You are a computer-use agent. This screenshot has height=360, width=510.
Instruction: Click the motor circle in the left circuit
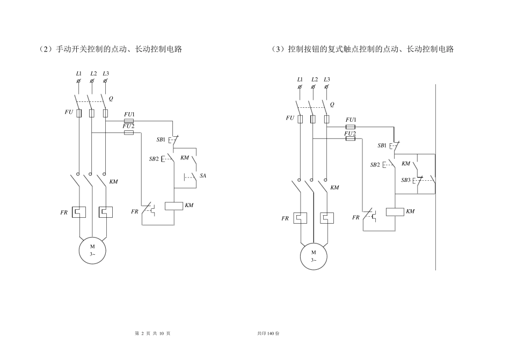[x=92, y=251]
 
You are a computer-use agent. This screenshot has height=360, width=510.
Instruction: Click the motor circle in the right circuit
[x=314, y=256]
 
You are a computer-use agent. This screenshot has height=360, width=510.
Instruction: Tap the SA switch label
[x=203, y=176]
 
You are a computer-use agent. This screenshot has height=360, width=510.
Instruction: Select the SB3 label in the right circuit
[x=406, y=180]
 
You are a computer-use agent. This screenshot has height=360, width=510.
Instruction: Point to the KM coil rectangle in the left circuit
[x=174, y=205]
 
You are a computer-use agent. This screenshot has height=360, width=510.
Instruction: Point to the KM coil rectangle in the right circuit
[x=395, y=212]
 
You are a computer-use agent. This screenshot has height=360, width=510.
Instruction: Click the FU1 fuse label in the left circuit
[x=129, y=114]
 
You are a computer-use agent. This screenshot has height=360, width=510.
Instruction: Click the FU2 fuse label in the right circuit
[x=350, y=134]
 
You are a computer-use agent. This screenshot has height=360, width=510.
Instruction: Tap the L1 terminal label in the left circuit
[x=79, y=74]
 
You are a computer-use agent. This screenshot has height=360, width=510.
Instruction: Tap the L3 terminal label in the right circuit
[x=327, y=79]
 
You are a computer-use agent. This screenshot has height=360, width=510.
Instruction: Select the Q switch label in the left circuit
[x=111, y=99]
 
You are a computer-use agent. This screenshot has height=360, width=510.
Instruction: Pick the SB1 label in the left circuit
[x=161, y=139]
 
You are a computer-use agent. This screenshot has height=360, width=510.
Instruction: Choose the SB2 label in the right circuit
[x=375, y=165]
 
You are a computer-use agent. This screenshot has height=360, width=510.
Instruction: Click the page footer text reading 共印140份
[x=268, y=333]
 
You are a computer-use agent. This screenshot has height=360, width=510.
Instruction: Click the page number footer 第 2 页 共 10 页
[x=152, y=333]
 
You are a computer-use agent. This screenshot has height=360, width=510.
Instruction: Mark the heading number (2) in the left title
[x=46, y=49]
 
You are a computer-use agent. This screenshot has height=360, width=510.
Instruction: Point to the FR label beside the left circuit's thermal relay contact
[x=135, y=212]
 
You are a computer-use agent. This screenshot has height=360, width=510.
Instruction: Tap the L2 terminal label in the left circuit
[x=93, y=74]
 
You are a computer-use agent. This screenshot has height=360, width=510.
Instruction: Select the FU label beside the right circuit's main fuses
[x=290, y=118]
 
